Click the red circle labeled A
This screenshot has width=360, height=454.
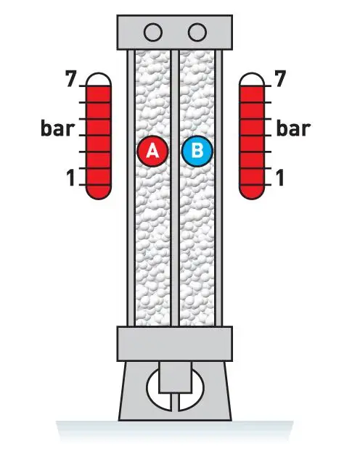point(152,151)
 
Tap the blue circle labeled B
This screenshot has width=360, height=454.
point(197,151)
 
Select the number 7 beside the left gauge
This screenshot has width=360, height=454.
point(71,78)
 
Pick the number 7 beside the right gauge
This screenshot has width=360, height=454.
point(280,78)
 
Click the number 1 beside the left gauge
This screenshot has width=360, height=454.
point(71,178)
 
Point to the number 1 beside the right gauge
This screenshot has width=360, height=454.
point(279,178)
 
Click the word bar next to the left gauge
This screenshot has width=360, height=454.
point(58,128)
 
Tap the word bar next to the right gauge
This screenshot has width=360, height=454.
point(293,128)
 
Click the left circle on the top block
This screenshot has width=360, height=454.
point(152,32)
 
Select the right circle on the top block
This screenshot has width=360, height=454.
point(197,32)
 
